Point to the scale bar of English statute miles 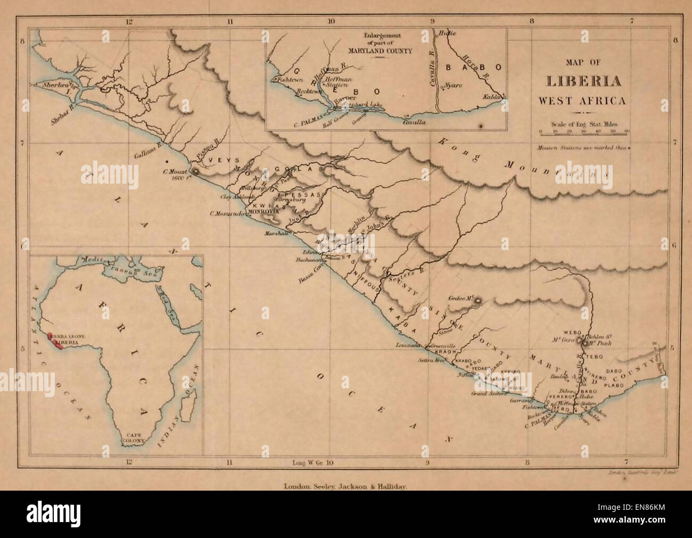click(x=584, y=130)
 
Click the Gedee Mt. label click(x=462, y=300)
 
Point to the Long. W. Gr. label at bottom click(x=309, y=462)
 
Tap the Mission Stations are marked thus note click(x=582, y=147)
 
